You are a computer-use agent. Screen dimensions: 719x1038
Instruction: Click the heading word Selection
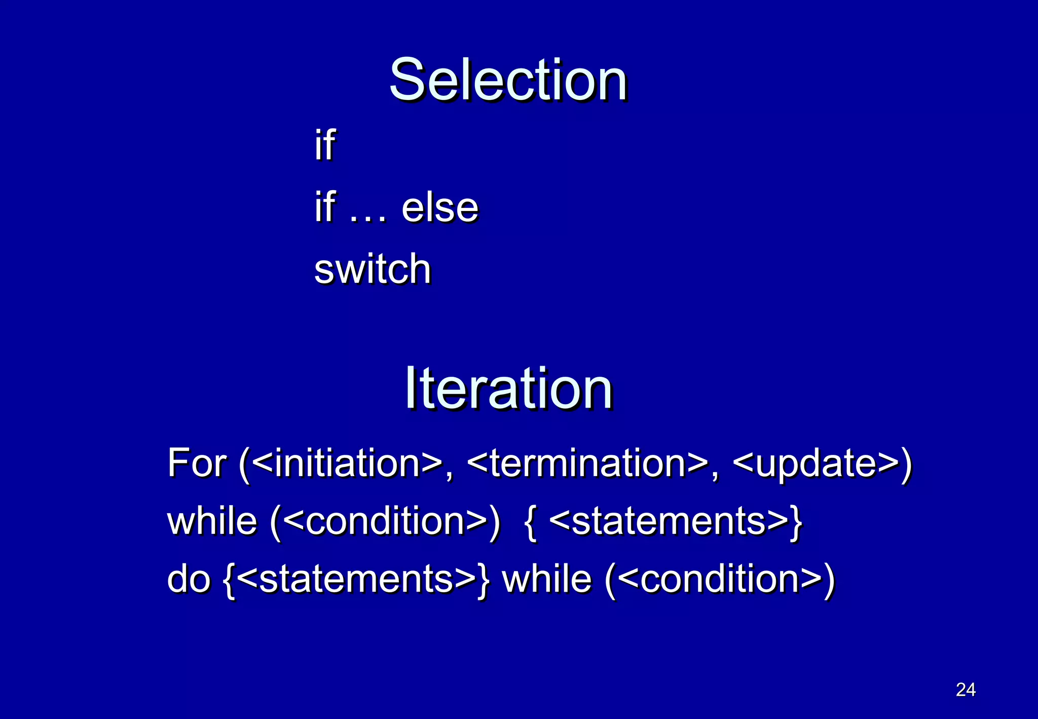508,80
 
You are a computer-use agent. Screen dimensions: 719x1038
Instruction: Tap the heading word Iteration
508,388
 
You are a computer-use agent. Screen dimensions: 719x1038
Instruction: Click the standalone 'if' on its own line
324,145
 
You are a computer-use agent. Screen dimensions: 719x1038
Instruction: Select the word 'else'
439,208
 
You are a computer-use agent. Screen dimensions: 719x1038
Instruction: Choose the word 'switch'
373,269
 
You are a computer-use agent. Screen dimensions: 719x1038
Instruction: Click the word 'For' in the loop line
197,463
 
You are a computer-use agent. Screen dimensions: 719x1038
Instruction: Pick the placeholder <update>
816,463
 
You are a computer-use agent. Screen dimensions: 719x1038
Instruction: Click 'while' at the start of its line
212,521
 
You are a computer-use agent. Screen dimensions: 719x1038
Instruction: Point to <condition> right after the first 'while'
385,521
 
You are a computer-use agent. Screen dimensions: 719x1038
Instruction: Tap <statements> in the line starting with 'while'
669,521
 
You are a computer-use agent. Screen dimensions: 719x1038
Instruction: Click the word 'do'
189,579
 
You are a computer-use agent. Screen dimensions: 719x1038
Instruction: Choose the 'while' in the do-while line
546,579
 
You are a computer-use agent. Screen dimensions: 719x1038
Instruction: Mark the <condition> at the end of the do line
720,579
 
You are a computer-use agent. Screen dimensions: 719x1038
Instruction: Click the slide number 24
966,690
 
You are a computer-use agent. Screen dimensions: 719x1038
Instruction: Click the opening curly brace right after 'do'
229,580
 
